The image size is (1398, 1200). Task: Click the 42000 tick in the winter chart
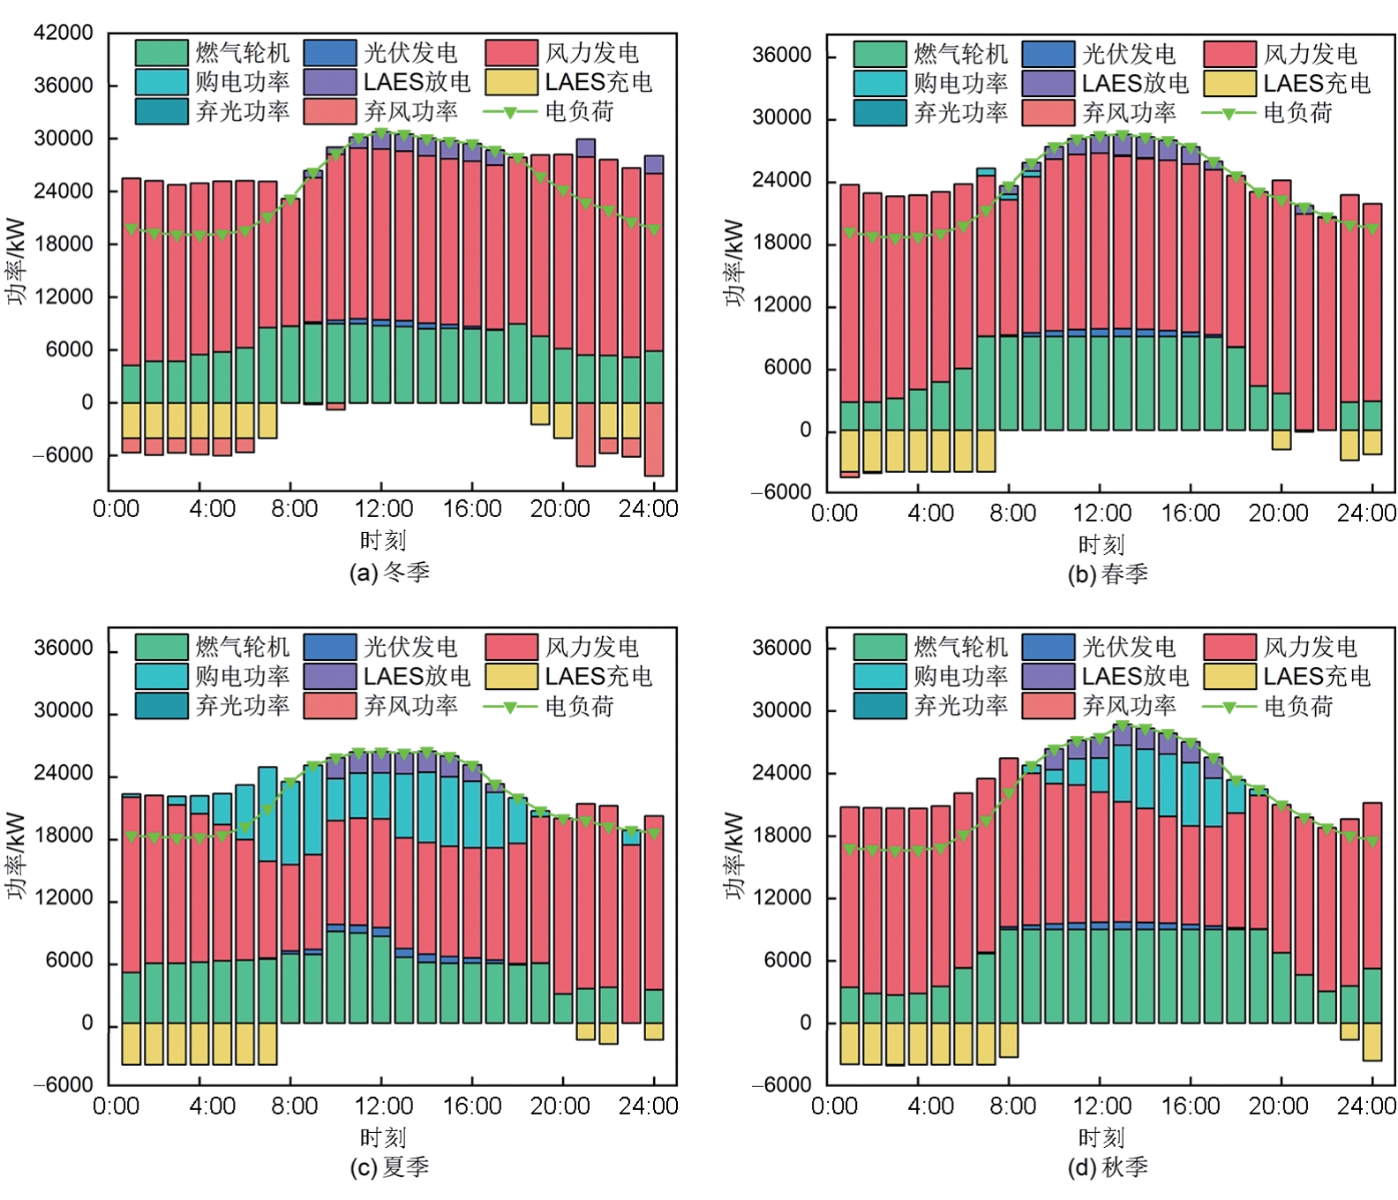[63, 33]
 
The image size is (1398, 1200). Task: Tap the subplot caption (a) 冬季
[389, 573]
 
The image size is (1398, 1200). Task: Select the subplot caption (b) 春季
[1108, 574]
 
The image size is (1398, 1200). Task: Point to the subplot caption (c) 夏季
[389, 1167]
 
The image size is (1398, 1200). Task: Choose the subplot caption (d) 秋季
[1108, 1167]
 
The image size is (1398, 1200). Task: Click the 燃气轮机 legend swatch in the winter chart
[162, 53]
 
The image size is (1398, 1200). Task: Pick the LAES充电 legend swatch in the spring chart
[1229, 83]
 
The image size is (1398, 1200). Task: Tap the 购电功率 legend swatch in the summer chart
[162, 676]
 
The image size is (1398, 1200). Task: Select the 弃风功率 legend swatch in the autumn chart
[1048, 705]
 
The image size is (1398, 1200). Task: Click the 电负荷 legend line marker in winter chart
[509, 112]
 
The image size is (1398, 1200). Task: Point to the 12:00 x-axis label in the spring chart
[1101, 514]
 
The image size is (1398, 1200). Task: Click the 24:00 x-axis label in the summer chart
[648, 1106]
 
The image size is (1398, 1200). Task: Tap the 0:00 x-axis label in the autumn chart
[834, 1106]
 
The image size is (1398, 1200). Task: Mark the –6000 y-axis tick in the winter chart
[63, 455]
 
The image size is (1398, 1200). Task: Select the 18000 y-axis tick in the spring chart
[781, 243]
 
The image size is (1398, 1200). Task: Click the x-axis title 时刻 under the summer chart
[382, 1137]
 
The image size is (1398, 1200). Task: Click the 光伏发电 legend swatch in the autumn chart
[1048, 647]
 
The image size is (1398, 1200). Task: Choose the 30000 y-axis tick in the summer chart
[63, 711]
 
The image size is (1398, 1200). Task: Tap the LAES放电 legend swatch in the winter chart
[330, 82]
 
